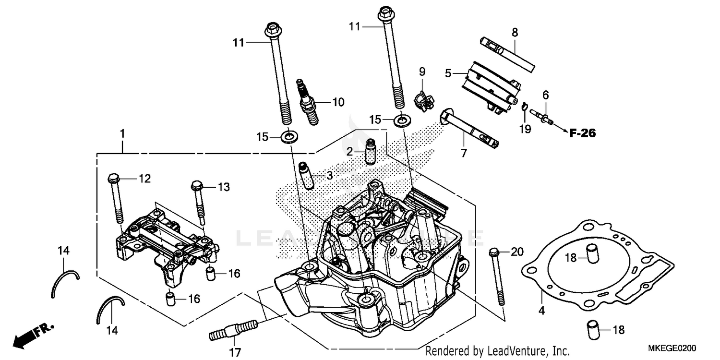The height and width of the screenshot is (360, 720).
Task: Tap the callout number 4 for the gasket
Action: coord(541,311)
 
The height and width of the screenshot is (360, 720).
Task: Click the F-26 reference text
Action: coord(582,134)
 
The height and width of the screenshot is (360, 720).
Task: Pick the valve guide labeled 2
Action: coord(370,151)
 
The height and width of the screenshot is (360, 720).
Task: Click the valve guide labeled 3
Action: coord(306,176)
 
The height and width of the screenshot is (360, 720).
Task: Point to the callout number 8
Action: coord(515,33)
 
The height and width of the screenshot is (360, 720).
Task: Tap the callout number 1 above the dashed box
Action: coord(122,133)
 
